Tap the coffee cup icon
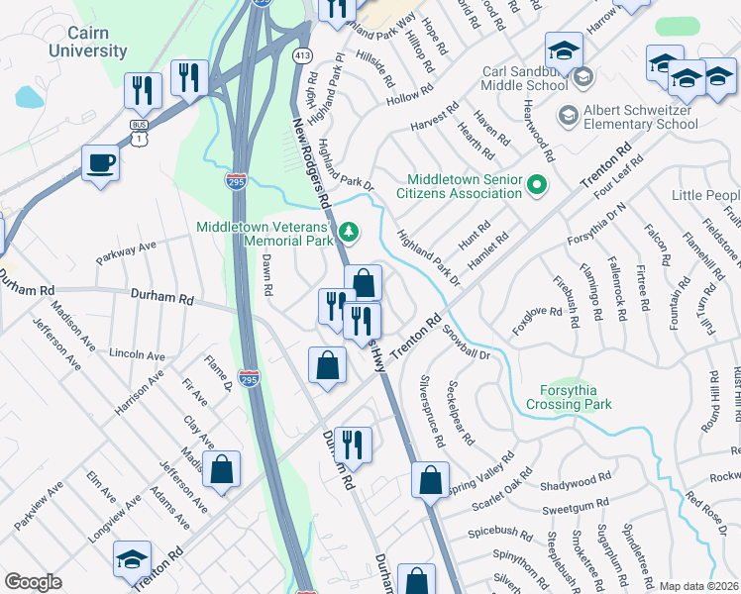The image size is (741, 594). pyautogui.click(x=100, y=162)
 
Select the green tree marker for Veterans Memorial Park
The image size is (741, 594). pyautogui.click(x=348, y=233)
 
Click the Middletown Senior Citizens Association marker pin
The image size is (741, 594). pyautogui.click(x=537, y=185)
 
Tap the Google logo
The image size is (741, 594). pyautogui.click(x=33, y=581)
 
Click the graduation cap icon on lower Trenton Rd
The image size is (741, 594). pyautogui.click(x=132, y=559)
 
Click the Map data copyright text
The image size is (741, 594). pyautogui.click(x=697, y=586)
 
